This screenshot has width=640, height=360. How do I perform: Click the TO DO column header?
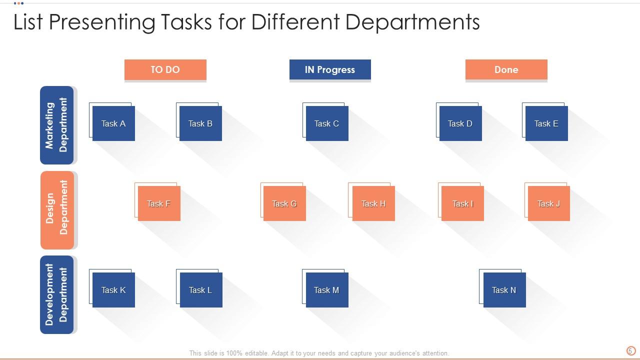point(165,69)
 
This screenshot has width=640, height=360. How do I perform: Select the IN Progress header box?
point(330,69)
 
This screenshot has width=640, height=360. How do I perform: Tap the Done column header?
point(506,69)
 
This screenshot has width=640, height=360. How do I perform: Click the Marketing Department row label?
point(57,125)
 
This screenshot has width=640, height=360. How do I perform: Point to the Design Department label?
point(57,210)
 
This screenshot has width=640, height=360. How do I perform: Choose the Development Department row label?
point(57,294)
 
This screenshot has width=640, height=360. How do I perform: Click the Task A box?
point(113,123)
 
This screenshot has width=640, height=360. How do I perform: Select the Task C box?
point(327,123)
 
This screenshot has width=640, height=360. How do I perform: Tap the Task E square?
point(546,123)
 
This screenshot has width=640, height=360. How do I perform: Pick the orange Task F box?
point(159,203)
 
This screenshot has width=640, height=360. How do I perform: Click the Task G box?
point(284,203)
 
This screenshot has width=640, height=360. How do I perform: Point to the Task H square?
point(373,203)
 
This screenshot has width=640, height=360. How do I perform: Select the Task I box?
point(462,203)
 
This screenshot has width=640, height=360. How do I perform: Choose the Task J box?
point(549,203)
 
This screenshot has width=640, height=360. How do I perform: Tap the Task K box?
point(113,290)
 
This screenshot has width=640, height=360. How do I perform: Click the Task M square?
point(327,290)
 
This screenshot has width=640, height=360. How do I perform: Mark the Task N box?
point(504,290)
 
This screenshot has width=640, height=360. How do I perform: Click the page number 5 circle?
point(631,350)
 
